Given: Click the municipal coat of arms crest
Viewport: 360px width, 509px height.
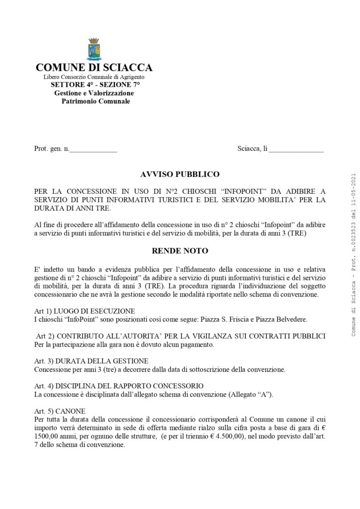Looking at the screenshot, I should (x=94, y=49).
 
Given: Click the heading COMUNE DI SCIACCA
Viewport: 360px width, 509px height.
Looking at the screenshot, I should (x=94, y=68).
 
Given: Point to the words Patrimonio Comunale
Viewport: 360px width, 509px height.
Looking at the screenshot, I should (x=95, y=101).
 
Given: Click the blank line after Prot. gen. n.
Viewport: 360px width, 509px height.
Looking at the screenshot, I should (x=93, y=149).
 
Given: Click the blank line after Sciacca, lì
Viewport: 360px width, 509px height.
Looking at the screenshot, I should (x=296, y=149).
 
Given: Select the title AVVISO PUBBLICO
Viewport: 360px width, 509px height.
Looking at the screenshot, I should (x=180, y=174).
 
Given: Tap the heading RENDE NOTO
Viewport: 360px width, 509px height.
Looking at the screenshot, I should (x=180, y=251).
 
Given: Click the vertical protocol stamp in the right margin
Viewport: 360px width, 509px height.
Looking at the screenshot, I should (x=354, y=254).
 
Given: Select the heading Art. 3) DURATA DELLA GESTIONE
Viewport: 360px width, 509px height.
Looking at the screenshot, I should (x=91, y=360).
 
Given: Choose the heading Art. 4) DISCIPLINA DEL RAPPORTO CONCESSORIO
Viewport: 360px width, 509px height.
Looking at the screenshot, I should (x=119, y=386).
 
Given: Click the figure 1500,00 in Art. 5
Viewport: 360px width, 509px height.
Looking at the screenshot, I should (x=49, y=436).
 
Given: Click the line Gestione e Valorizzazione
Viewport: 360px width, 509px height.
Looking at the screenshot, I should (x=94, y=93).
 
